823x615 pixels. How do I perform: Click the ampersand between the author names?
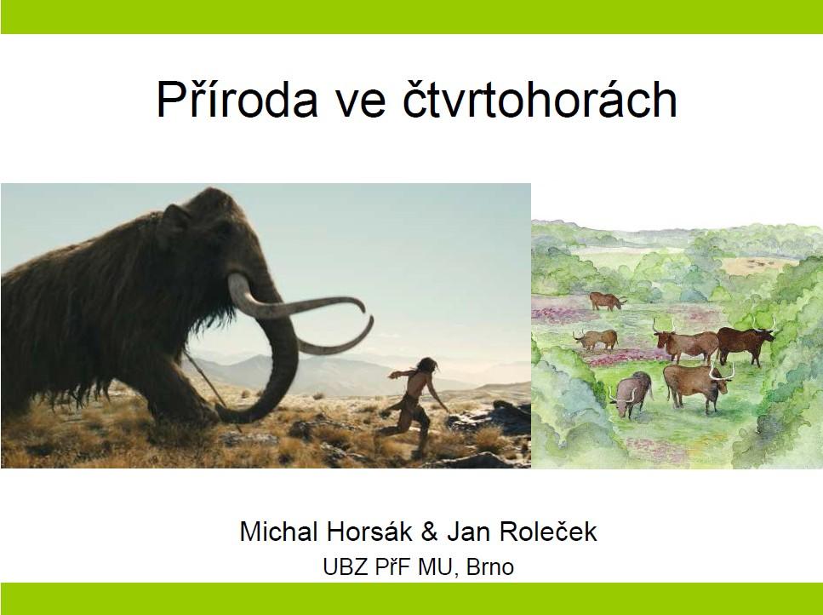tap(429, 532)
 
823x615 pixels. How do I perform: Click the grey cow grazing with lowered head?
tap(632, 394)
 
